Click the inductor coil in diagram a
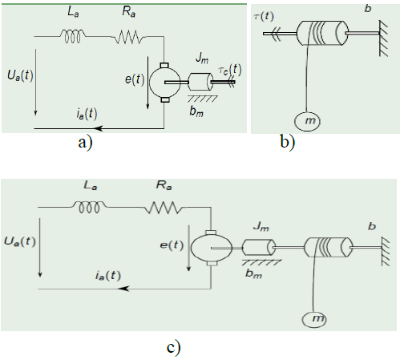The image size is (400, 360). coord(72,36)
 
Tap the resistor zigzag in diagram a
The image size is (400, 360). coord(128,37)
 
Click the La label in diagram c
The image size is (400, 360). coord(91,185)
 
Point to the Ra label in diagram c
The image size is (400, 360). coord(164,185)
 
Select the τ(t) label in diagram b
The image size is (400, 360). coord(264,16)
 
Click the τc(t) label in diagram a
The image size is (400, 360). coord(230,70)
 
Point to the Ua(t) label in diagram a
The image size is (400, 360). coord(20,75)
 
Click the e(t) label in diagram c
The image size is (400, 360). coord(172,245)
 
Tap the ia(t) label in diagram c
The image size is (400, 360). coord(108,275)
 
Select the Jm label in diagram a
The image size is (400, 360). coord(202,59)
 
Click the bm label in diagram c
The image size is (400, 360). coord(253,273)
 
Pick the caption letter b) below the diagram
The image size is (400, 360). coord(288,142)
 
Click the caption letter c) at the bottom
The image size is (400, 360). coord(173,348)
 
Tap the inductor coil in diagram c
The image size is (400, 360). coord(90,207)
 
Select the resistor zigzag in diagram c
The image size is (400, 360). coord(164,208)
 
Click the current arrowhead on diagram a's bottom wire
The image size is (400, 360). coord(99,128)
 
